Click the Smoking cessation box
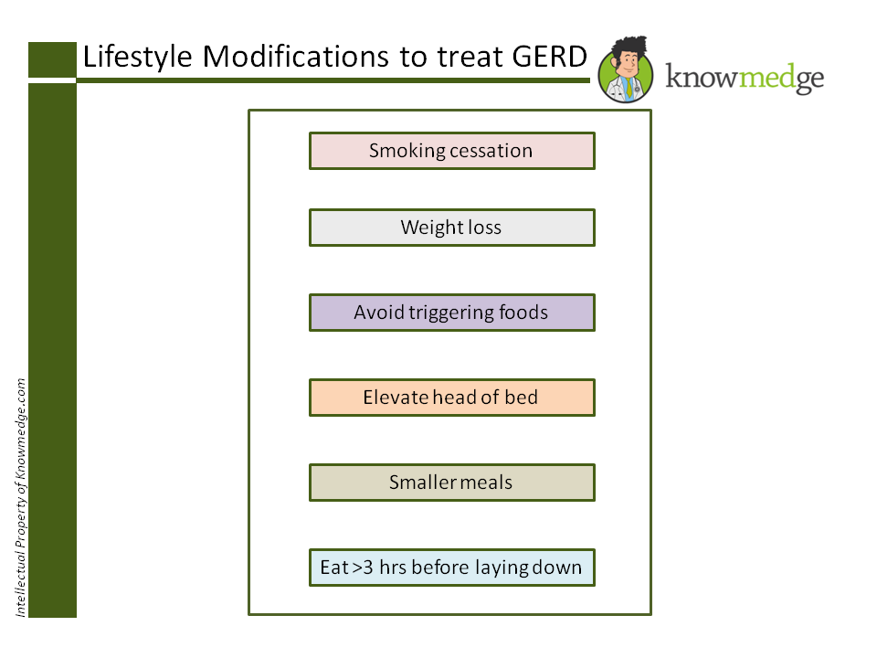tap(452, 151)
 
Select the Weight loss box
tap(452, 228)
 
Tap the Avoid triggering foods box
tap(452, 313)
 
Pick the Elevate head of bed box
tap(452, 398)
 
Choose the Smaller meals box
tap(452, 483)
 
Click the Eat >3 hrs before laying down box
tap(452, 568)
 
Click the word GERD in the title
tap(550, 57)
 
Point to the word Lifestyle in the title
tap(138, 57)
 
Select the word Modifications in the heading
tap(295, 57)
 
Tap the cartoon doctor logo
tap(626, 70)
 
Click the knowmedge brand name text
tap(745, 77)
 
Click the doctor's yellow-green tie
tap(629, 88)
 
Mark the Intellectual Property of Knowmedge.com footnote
tap(21, 497)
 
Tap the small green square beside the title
tap(52, 59)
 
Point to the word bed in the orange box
tap(522, 397)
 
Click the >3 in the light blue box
tap(363, 568)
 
